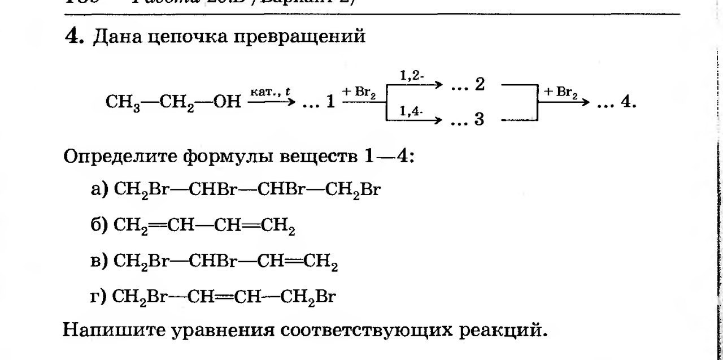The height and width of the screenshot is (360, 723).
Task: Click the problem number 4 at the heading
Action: click(74, 37)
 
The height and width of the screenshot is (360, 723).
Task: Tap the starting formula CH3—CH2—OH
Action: click(173, 102)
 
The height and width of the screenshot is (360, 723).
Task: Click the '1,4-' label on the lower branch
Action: click(412, 111)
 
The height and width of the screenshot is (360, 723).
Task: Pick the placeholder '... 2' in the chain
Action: click(469, 85)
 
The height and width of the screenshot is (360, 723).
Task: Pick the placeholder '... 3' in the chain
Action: click(469, 120)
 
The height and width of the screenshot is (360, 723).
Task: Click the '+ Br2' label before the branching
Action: click(359, 92)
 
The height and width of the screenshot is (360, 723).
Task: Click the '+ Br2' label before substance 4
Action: click(560, 92)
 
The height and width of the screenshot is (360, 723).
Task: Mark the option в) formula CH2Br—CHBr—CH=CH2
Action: click(226, 262)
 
